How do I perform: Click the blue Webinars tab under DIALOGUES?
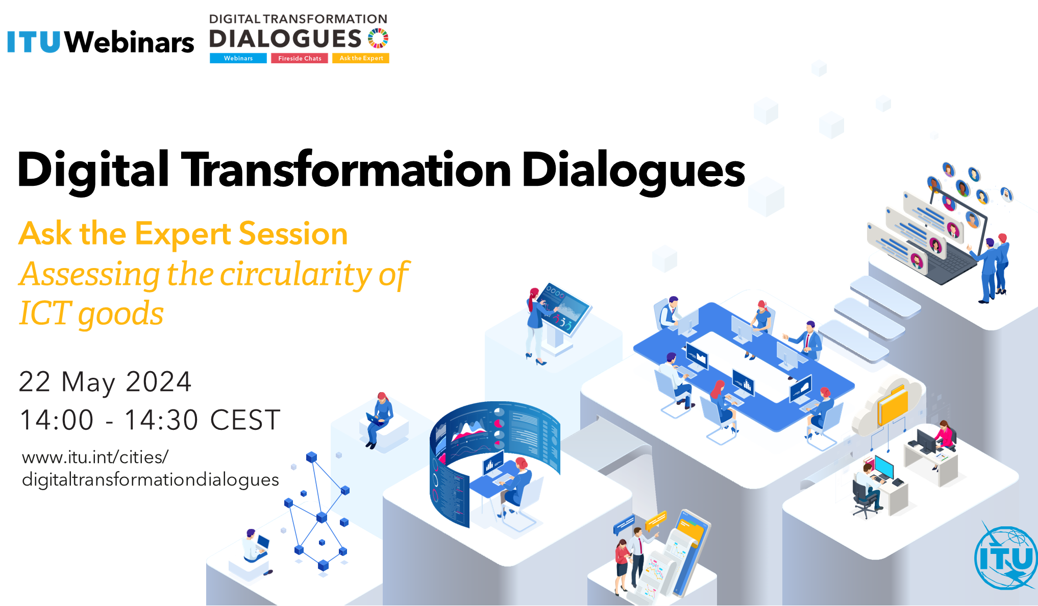point(238,58)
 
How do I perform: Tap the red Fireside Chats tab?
point(300,58)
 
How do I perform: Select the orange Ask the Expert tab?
point(361,58)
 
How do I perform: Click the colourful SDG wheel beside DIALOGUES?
point(378,38)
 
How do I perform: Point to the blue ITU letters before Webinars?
point(34,42)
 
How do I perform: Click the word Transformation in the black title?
point(347,169)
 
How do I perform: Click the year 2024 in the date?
point(158,382)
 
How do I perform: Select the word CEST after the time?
point(245,420)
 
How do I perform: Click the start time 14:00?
point(57,420)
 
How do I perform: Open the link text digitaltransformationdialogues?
point(151,480)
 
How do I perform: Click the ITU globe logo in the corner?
point(1005,556)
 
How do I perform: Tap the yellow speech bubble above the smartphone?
point(656,521)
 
